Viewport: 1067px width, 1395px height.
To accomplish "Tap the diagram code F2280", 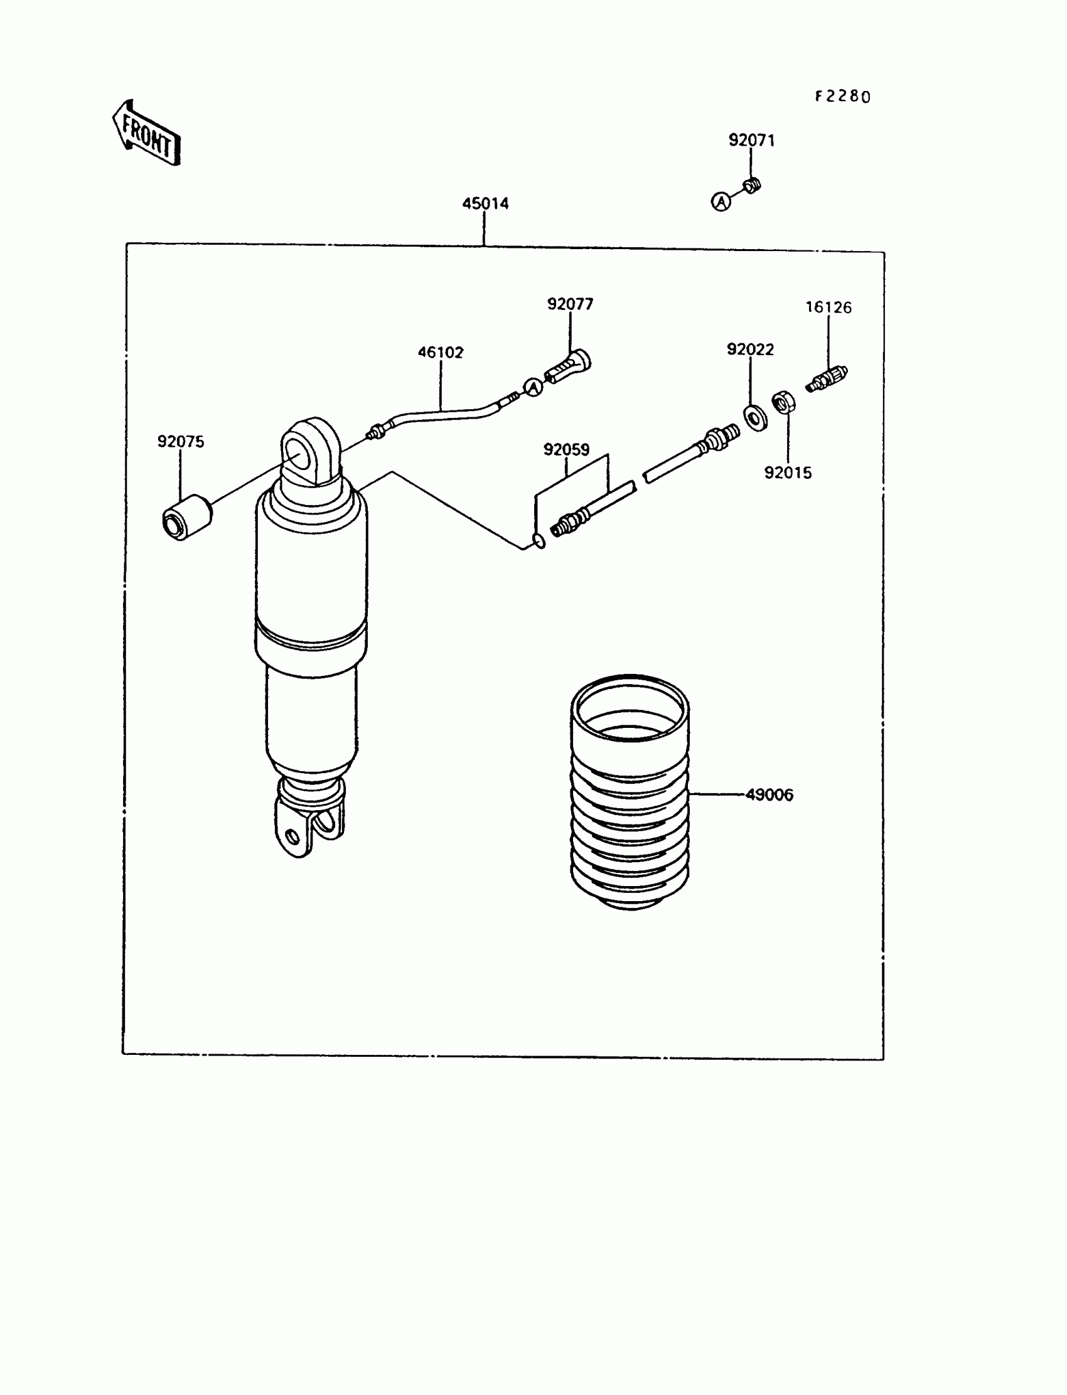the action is click(x=843, y=97).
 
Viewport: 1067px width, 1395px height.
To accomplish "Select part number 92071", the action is click(x=751, y=141).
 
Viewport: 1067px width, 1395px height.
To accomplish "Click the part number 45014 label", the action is click(x=485, y=204).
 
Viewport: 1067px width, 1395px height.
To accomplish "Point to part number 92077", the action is click(x=571, y=304).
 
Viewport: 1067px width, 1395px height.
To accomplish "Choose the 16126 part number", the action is click(x=828, y=307).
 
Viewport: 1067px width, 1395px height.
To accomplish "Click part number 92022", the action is click(x=750, y=350).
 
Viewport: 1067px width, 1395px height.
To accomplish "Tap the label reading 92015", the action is click(x=788, y=473).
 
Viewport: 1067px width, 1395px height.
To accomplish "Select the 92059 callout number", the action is click(x=566, y=449).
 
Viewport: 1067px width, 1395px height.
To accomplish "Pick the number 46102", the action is click(x=440, y=353).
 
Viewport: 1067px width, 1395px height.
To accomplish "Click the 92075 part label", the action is click(x=181, y=442).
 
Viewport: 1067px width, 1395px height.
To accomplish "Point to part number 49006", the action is click(x=769, y=795).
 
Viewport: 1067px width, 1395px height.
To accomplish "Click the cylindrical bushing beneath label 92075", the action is click(x=185, y=518).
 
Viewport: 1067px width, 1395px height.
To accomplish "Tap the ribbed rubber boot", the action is click(x=630, y=794).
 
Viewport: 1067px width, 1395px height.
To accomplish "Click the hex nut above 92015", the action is click(x=783, y=403).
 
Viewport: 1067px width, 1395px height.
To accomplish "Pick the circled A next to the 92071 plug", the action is click(x=721, y=202).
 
